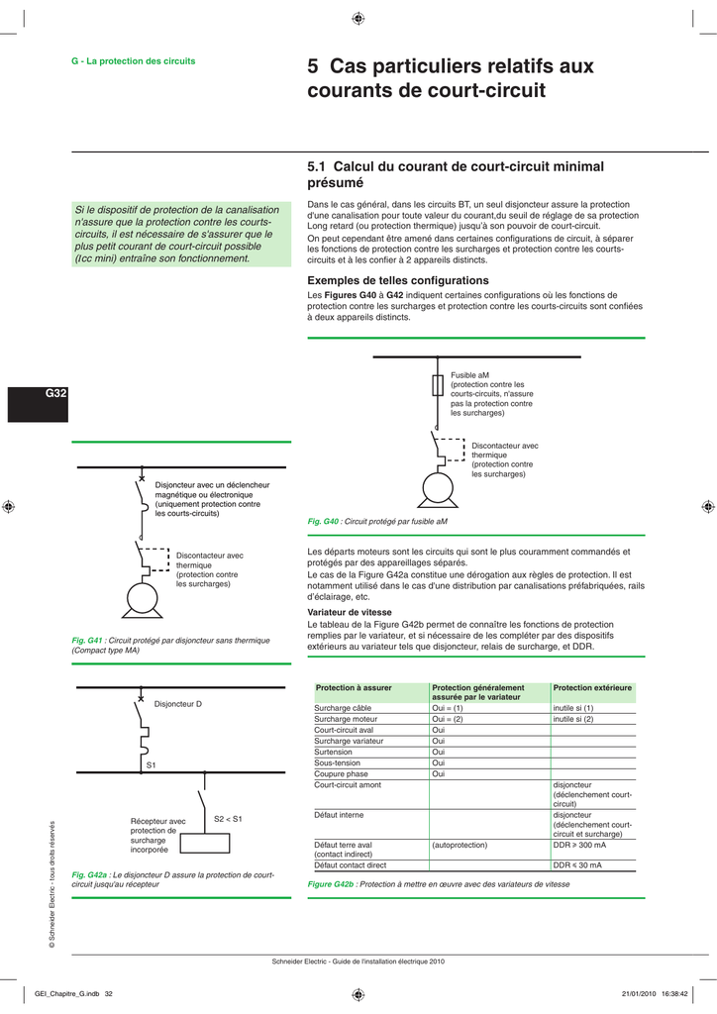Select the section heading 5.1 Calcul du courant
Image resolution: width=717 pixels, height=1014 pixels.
[x=456, y=174]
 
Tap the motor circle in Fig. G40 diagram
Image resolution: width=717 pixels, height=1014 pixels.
[x=437, y=487]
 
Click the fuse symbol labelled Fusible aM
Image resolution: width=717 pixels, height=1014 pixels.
[x=437, y=384]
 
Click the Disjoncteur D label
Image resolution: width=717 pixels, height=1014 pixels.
[x=177, y=703]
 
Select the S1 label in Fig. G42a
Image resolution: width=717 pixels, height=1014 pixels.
[x=152, y=765]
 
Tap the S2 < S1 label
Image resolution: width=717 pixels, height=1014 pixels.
[x=228, y=819]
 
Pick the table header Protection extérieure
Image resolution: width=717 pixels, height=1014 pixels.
[x=591, y=687]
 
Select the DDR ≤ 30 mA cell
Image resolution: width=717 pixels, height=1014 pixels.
[x=577, y=865]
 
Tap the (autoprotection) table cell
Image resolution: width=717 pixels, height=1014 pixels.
[x=461, y=845]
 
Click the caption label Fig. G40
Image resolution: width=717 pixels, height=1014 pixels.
[x=324, y=521]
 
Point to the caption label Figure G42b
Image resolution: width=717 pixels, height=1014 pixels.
[x=332, y=884]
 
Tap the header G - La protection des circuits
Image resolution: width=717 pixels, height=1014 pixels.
[x=133, y=61]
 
